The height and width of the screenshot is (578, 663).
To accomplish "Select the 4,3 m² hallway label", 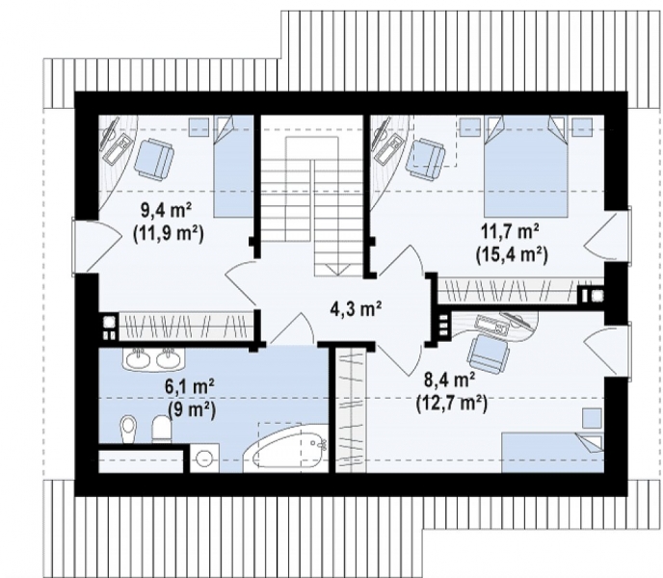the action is click(x=356, y=310).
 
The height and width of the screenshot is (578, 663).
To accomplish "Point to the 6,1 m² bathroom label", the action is click(x=190, y=387).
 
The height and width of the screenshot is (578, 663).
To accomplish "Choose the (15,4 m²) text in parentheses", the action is click(x=512, y=255).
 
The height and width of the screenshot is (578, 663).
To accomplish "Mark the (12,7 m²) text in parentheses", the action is click(x=452, y=404).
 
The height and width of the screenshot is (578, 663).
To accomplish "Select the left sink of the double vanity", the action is click(x=137, y=358).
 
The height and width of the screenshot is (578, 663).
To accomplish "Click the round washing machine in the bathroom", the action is click(x=204, y=458).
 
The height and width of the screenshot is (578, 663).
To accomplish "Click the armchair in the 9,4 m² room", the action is click(x=154, y=158).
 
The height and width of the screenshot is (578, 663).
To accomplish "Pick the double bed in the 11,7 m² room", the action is click(x=525, y=167).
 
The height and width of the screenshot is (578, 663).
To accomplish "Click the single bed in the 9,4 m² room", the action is click(x=233, y=166).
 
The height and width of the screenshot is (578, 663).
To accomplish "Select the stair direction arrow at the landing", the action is click(x=337, y=270).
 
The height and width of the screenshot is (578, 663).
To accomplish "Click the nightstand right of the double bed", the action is click(x=581, y=127).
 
